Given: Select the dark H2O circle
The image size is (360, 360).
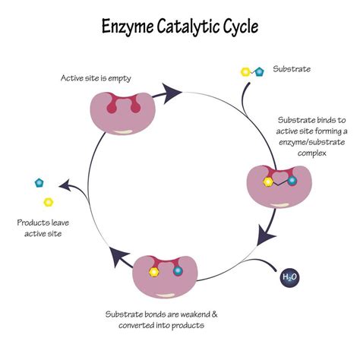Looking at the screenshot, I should click(289, 278).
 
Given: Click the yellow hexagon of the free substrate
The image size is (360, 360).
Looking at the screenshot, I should click(245, 71).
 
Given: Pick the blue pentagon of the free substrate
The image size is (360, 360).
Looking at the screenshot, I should click(259, 71).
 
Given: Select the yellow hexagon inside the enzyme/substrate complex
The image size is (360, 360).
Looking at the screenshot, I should click(268, 182).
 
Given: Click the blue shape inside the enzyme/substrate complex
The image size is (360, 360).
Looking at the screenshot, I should click(292, 182).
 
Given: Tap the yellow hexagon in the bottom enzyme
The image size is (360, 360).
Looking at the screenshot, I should click(155, 271).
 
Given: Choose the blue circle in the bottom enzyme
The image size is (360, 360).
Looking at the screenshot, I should click(178, 271).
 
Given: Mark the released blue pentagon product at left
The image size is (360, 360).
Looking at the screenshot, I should click(39, 183).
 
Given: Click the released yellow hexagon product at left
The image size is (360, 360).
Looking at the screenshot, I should click(49, 202).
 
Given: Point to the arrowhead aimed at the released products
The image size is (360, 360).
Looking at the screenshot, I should click(66, 185).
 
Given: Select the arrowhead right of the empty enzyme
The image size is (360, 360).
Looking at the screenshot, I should click(174, 93).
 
